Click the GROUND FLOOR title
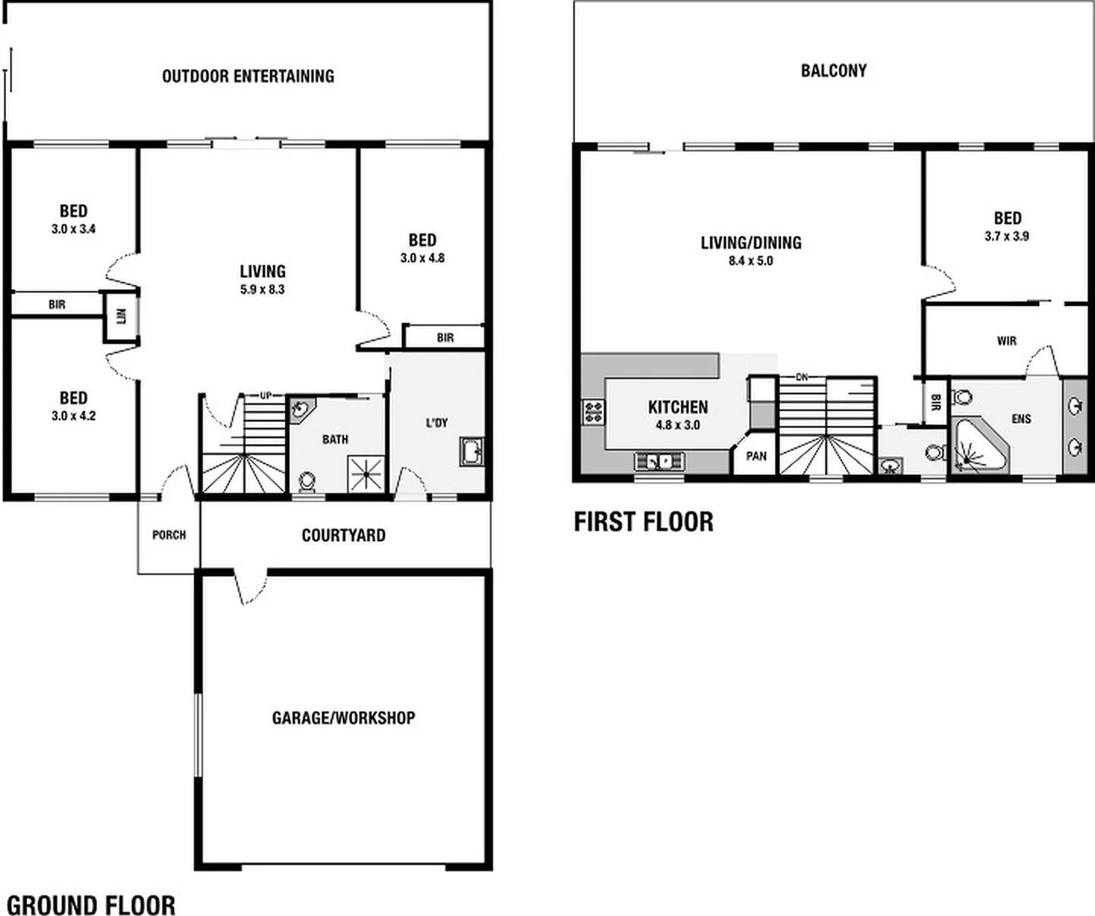click(91, 904)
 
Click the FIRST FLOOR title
click(643, 521)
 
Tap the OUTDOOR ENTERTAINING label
click(248, 76)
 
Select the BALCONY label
click(833, 70)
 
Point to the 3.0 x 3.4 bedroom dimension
click(73, 229)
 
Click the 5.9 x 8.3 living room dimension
click(262, 289)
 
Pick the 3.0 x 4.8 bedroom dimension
click(422, 258)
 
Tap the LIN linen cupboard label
click(120, 316)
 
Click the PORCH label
click(168, 535)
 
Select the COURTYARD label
click(344, 535)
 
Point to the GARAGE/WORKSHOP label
click(344, 718)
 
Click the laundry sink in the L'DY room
click(471, 450)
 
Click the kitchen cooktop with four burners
click(592, 413)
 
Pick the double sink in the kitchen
click(658, 461)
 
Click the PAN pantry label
click(756, 455)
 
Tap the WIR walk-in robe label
click(1006, 341)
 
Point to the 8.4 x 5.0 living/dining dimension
click(751, 260)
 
